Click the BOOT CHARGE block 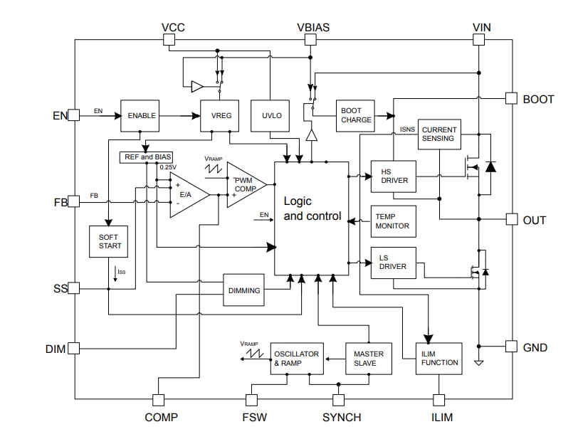(356, 115)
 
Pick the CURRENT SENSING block (438, 134)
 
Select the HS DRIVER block (394, 176)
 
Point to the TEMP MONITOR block (394, 221)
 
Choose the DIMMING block (244, 290)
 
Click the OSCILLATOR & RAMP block (296, 359)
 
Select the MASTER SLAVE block (369, 359)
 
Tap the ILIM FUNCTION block (438, 359)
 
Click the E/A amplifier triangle (186, 194)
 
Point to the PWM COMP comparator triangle (243, 185)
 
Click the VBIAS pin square (310, 41)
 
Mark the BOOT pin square (511, 98)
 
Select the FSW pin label (255, 418)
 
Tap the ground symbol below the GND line (479, 364)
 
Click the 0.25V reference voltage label (168, 167)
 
